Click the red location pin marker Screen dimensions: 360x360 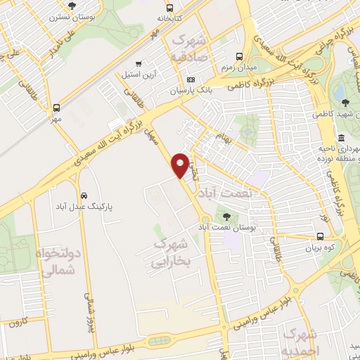181,165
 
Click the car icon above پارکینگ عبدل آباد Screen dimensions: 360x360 84,195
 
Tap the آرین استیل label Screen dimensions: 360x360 143,74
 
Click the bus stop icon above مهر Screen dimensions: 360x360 56,108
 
